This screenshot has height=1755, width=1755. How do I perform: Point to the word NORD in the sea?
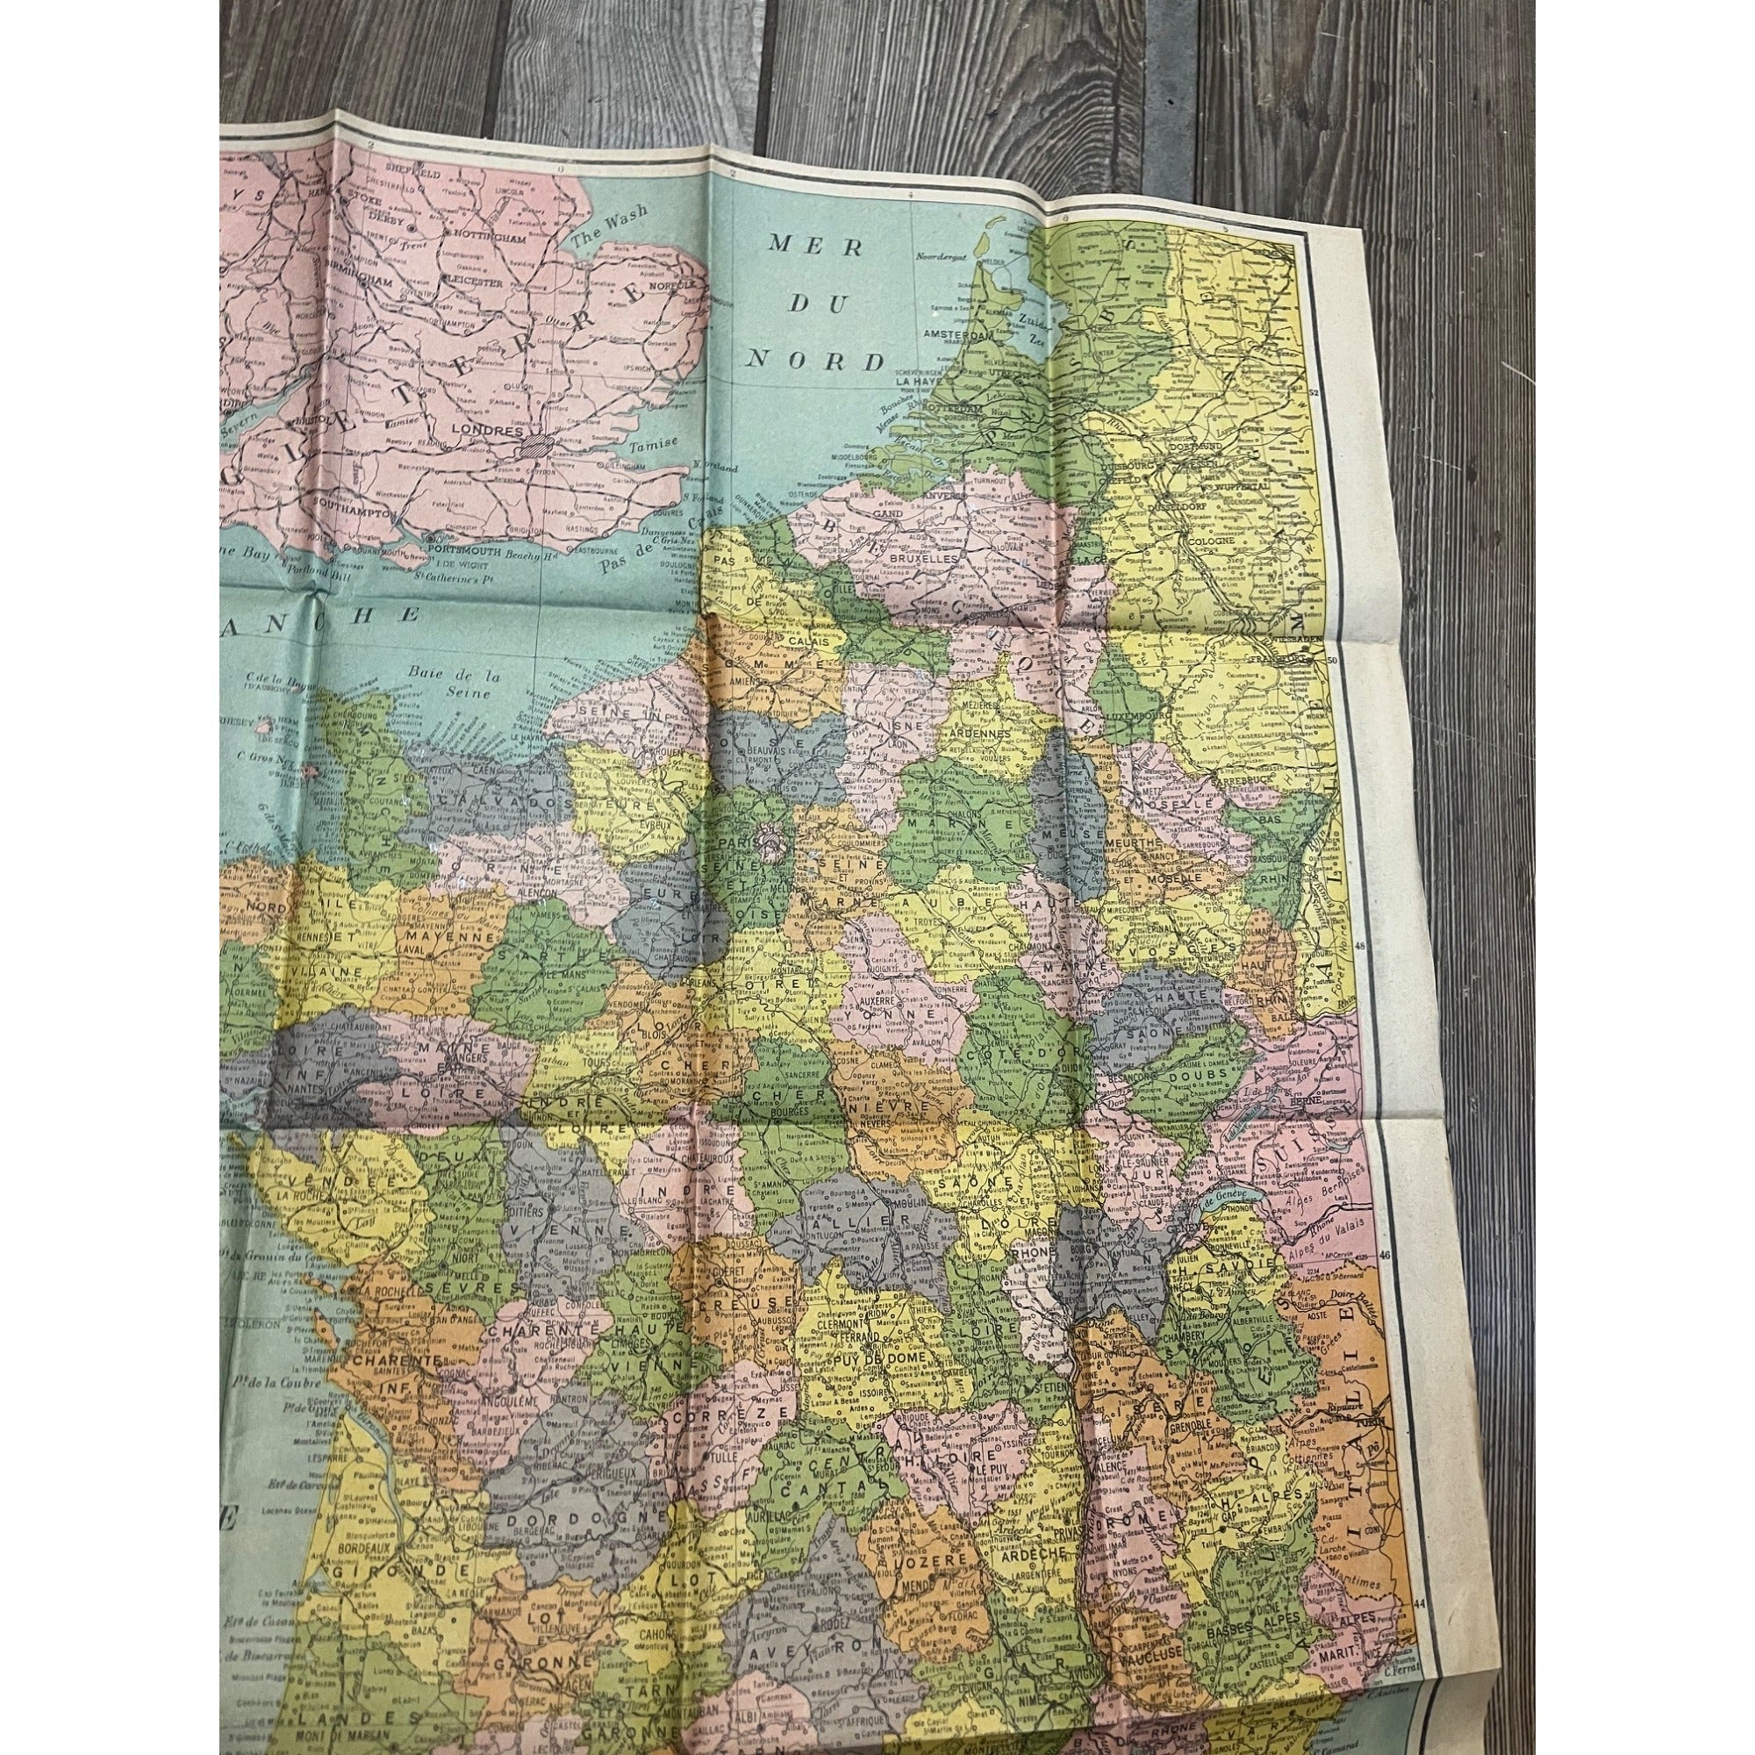tap(815, 361)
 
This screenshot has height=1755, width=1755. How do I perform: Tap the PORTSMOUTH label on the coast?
tap(471, 548)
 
